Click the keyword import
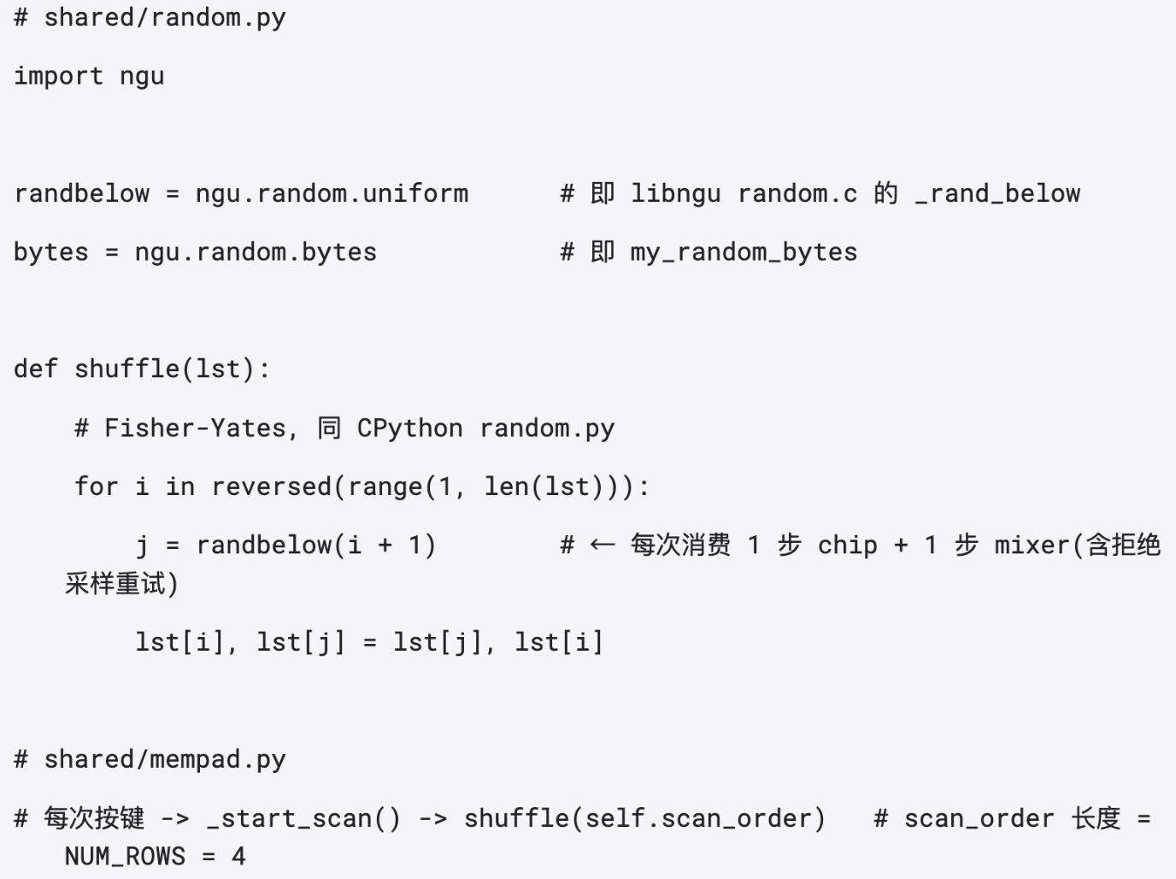pos(58,76)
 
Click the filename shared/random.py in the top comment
pos(165,18)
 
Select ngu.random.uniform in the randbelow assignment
pos(332,193)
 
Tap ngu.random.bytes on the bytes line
pos(256,252)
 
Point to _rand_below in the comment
pos(997,194)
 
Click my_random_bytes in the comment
pos(744,253)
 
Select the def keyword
pos(35,369)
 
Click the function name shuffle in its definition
pos(127,369)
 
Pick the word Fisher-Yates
pos(196,428)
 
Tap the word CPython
pos(410,428)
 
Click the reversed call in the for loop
pos(272,487)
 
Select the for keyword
pos(97,487)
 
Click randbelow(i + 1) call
pos(316,546)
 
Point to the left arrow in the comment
pos(603,546)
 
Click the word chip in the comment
pos(848,546)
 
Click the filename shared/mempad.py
pos(165,760)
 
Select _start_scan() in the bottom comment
pos(303,819)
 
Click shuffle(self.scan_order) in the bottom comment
pos(644,819)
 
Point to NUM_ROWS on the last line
pos(125,857)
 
